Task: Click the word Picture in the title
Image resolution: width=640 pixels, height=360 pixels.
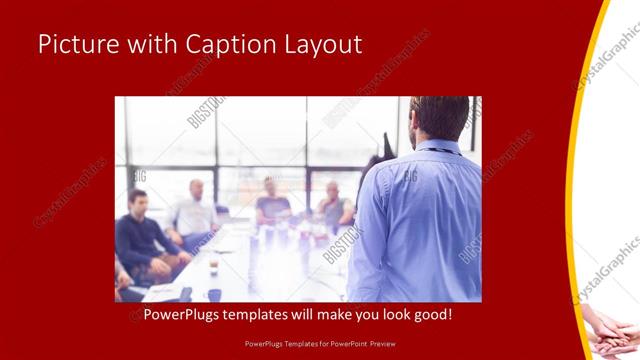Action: [x=76, y=45]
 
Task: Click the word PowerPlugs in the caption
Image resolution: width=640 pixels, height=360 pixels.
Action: [x=187, y=315]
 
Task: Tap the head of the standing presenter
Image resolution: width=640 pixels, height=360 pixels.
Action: [x=440, y=118]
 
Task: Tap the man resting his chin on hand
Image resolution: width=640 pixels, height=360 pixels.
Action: [x=335, y=205]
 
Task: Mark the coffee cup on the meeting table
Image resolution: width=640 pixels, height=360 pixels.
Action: [x=214, y=264]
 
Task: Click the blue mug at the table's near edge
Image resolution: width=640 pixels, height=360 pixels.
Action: [x=214, y=294]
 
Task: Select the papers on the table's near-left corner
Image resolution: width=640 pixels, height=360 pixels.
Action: [x=160, y=292]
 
